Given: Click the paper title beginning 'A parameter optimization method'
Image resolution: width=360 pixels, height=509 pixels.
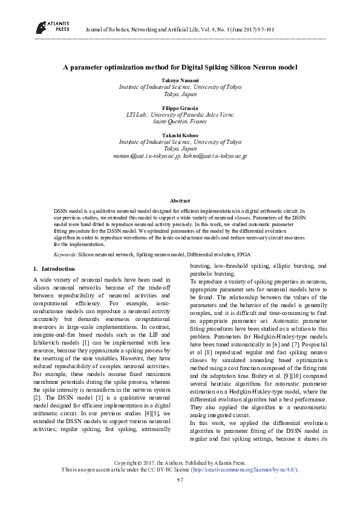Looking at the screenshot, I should click(180, 68).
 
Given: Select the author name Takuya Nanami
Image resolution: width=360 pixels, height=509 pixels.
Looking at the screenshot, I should click(180, 80).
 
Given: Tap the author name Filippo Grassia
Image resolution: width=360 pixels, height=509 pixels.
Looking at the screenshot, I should click(180, 108).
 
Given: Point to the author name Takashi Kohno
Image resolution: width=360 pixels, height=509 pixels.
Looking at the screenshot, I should click(180, 135).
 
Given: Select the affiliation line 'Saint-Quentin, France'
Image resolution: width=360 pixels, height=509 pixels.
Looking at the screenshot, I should click(180, 121).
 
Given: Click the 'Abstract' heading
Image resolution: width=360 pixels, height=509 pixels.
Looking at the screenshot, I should click(180, 201).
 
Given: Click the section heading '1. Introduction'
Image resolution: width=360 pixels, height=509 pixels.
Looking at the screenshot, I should click(54, 268).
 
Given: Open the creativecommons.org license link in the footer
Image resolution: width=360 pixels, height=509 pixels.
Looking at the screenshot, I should click(244, 469).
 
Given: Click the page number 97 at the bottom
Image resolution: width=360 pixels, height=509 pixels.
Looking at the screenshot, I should click(180, 479).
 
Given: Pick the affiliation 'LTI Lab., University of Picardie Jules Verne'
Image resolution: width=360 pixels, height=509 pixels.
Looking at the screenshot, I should click(180, 114).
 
